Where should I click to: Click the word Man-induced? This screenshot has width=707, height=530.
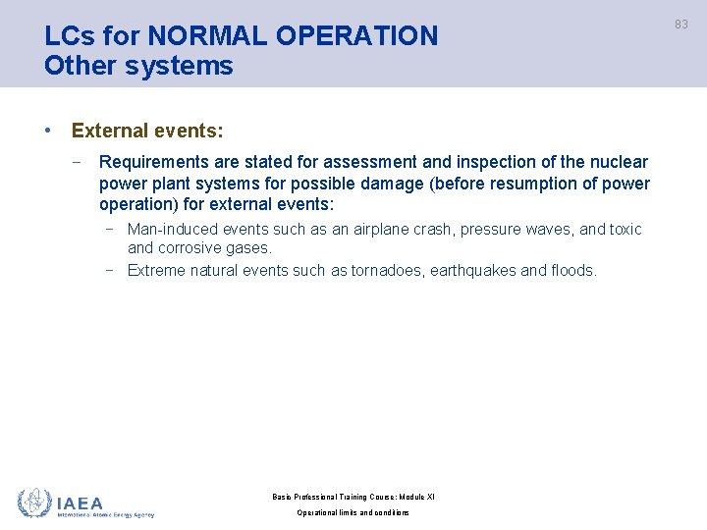[x=173, y=230]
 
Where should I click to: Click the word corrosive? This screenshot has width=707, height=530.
[x=190, y=248]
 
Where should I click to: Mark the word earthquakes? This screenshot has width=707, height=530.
[x=474, y=270]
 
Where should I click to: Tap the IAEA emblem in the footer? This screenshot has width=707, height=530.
[x=34, y=503]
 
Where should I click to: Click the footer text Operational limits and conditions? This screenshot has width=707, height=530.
[x=353, y=513]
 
